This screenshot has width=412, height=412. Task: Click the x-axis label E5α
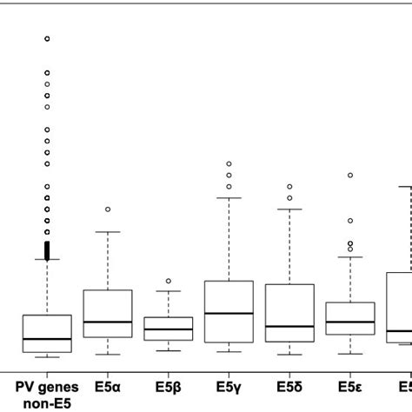[x=108, y=386]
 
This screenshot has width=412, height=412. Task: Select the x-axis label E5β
[x=168, y=386]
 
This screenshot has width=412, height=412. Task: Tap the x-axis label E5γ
[x=229, y=386]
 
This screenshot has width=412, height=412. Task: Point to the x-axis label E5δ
[x=289, y=386]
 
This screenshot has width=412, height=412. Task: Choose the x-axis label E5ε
[x=349, y=386]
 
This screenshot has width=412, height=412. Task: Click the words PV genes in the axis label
[x=47, y=386]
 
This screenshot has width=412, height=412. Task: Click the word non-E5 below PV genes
[x=47, y=402]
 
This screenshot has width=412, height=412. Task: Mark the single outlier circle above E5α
[x=108, y=209]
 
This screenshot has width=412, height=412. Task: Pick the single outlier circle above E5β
[x=169, y=282]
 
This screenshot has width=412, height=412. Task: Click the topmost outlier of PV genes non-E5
[x=47, y=39]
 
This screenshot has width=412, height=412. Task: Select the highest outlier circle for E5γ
[x=229, y=163]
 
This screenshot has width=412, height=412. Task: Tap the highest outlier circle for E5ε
[x=350, y=175]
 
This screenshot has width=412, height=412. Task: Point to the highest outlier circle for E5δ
[x=289, y=186]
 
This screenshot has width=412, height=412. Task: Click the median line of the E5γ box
[x=229, y=313]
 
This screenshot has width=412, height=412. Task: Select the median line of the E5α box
[x=108, y=322]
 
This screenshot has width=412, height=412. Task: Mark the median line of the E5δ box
[x=289, y=327]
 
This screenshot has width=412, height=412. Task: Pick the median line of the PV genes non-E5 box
[x=47, y=339]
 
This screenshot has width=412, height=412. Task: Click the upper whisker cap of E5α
[x=108, y=232]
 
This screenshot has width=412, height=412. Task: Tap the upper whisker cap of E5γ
[x=229, y=198]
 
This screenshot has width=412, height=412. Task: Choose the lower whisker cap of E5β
[x=169, y=350]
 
